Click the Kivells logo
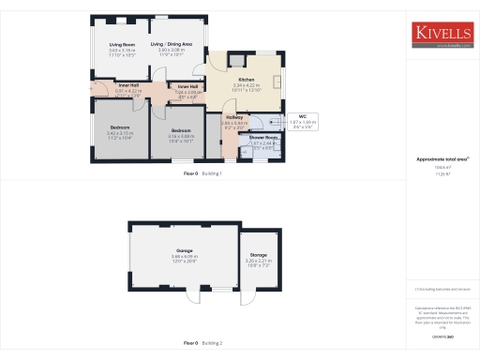tap(444, 35)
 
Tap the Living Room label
tap(122, 44)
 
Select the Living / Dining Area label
tap(172, 44)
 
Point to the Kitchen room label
tap(246, 81)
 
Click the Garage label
tap(184, 251)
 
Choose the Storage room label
tap(258, 256)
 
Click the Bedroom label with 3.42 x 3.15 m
tap(119, 127)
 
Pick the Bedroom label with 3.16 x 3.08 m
tap(181, 130)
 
